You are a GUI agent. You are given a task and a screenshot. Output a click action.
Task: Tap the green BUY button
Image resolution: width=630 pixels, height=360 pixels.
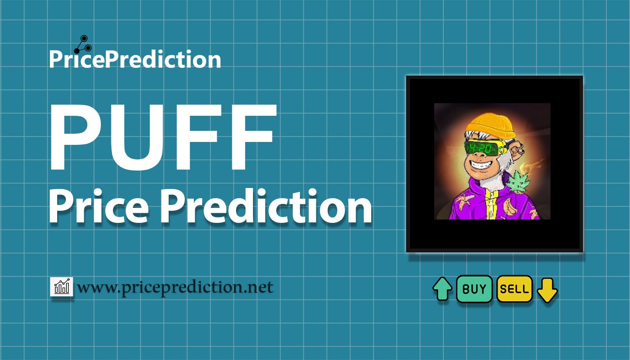coord(474,289)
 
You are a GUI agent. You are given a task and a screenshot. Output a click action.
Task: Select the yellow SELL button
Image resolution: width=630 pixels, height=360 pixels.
coord(514,289)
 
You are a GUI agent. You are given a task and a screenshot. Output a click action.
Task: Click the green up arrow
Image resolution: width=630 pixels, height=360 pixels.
coord(442,289)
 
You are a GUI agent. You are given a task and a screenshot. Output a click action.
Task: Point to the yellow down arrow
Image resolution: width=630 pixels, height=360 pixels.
coord(548,290)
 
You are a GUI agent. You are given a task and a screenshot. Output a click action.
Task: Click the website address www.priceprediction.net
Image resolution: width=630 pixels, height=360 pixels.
coord(175,287)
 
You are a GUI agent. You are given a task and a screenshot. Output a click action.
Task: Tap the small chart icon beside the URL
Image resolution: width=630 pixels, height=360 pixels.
coord(62,287)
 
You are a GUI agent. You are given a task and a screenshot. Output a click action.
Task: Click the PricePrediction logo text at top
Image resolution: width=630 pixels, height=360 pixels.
coord(135,60)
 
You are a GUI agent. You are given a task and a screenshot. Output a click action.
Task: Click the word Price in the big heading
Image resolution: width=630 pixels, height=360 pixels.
coord(100,206)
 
